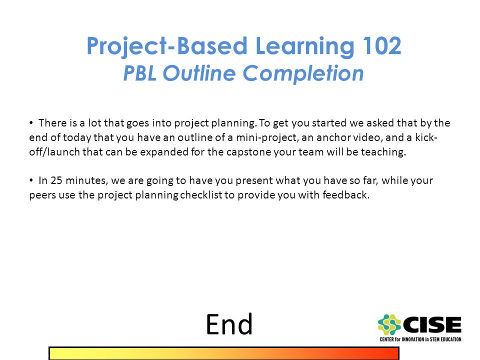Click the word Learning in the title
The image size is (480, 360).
(x=304, y=47)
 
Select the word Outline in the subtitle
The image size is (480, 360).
(x=199, y=73)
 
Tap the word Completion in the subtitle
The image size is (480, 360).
(x=303, y=74)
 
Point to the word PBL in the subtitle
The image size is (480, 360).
(x=139, y=73)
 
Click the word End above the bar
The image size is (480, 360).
(x=229, y=324)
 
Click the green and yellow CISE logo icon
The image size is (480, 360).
(x=389, y=324)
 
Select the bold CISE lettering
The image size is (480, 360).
(x=432, y=324)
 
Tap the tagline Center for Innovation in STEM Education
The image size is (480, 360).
(x=420, y=339)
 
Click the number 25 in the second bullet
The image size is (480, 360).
(x=56, y=180)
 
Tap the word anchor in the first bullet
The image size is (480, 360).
(x=333, y=137)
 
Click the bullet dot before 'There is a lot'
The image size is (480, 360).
(x=31, y=123)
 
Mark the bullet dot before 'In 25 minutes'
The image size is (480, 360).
(x=31, y=180)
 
